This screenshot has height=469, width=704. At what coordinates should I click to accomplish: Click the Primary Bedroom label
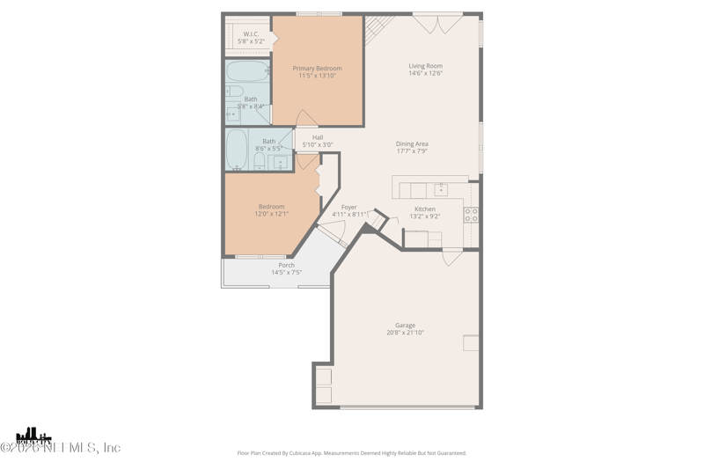point(317,69)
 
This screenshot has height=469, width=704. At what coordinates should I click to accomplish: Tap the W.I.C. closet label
point(251,34)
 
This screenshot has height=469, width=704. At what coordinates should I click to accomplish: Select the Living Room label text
point(425,66)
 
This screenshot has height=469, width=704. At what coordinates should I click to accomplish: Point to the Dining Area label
point(412,144)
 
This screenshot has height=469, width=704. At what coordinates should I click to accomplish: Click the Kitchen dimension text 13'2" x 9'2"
point(425,216)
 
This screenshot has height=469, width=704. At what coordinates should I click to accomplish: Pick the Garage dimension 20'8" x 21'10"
point(405,333)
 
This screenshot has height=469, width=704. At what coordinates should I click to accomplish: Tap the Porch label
point(286,265)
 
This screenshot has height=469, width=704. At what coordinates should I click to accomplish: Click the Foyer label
point(349,208)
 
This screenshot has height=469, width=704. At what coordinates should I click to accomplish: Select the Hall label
point(318,137)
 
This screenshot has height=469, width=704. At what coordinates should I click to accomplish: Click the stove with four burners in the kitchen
point(471,215)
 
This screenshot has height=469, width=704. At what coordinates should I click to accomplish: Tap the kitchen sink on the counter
point(440,190)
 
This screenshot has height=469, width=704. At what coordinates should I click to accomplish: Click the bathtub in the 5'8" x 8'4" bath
point(247,71)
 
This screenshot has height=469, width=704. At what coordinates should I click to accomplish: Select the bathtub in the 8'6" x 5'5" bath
point(237,149)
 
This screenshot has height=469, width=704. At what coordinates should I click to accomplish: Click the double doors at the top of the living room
point(437,24)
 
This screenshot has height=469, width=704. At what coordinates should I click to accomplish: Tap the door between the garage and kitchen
point(452,256)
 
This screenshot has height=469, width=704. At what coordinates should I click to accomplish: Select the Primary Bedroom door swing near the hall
point(306,119)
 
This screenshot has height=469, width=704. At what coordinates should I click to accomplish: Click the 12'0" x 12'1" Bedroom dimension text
point(271,214)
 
